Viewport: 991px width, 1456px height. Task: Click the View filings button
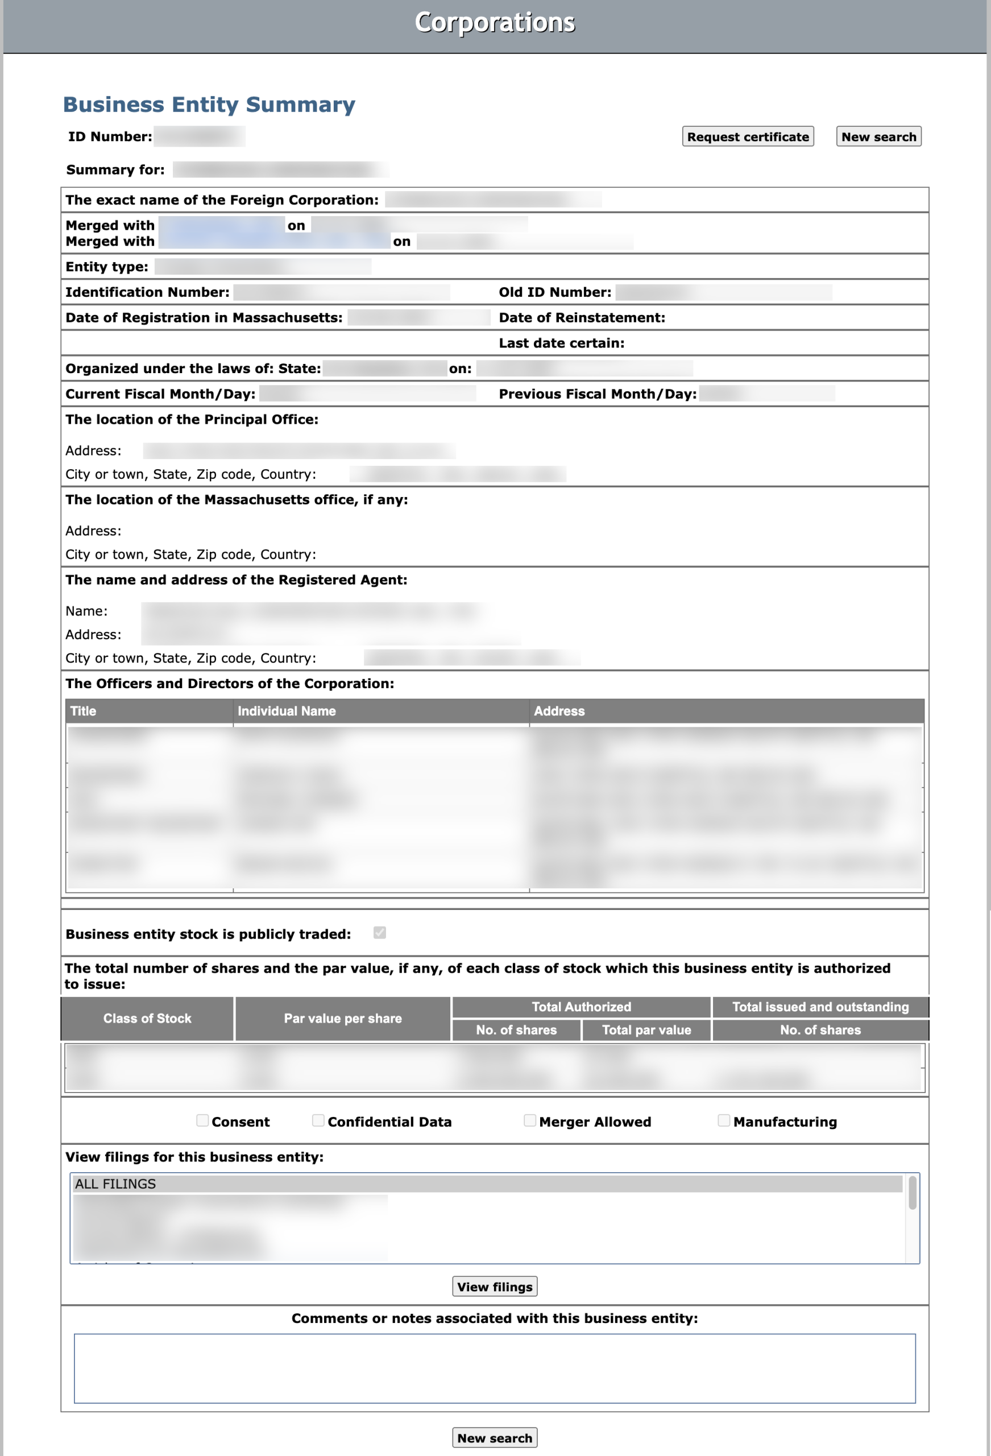[494, 1286]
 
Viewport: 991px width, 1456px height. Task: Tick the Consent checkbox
[202, 1120]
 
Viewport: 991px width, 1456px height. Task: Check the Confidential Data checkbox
[318, 1120]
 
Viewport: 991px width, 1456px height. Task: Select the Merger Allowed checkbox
[530, 1120]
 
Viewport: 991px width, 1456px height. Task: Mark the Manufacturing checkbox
[724, 1120]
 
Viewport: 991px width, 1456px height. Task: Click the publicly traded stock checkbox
[380, 933]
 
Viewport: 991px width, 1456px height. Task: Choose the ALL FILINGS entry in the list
[115, 1184]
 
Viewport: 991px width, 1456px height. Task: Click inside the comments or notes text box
[494, 1368]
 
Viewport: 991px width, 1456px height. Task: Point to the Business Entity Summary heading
[209, 104]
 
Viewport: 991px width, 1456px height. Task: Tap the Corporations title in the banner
[494, 23]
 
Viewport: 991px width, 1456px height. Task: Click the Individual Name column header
[287, 711]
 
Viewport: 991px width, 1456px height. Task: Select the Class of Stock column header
[147, 1018]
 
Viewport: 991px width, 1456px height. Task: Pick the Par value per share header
[343, 1018]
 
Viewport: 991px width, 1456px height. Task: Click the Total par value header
[646, 1030]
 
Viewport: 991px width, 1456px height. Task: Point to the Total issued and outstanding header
[820, 1007]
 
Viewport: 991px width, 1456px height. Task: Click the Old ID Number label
[555, 292]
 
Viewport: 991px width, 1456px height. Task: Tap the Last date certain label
[561, 343]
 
